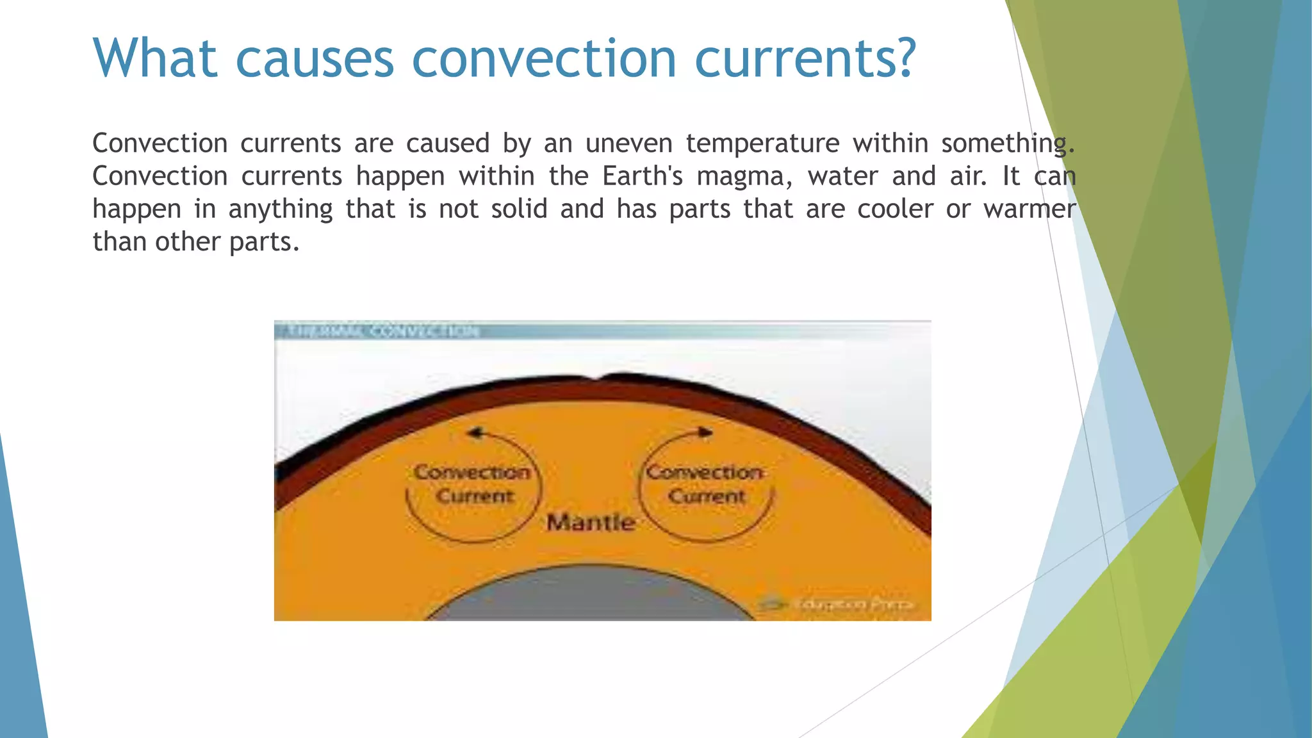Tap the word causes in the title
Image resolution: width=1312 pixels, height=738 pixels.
click(314, 59)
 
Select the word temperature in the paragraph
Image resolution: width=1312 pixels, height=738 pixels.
click(762, 143)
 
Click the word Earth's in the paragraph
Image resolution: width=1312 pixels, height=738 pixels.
click(643, 176)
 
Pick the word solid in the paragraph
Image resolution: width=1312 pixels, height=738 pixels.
click(519, 209)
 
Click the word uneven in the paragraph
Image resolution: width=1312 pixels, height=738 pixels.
click(628, 143)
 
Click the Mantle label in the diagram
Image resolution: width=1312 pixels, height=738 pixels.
click(591, 523)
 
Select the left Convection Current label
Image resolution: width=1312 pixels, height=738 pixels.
click(473, 484)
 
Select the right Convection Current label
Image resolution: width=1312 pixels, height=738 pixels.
click(705, 484)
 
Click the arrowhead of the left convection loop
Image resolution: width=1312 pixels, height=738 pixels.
click(475, 433)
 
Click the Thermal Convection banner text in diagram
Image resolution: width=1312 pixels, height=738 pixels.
click(383, 331)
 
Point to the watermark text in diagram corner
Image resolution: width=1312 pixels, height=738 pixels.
click(852, 604)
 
